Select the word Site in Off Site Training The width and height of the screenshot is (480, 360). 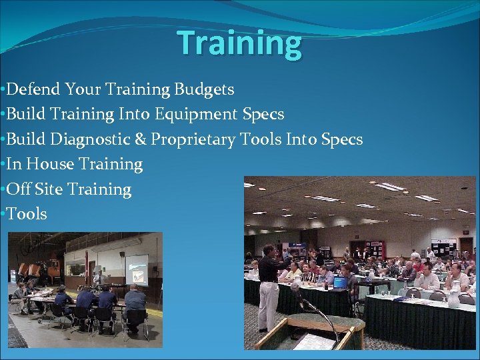49,189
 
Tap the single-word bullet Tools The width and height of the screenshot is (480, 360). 27,214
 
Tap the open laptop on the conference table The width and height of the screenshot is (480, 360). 340,282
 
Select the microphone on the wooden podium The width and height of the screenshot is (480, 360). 295,288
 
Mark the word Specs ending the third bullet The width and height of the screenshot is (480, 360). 342,139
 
